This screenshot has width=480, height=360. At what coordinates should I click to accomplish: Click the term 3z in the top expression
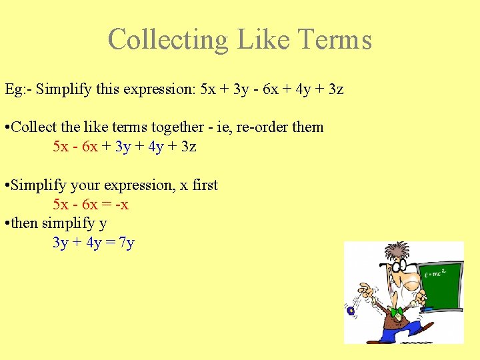(335, 89)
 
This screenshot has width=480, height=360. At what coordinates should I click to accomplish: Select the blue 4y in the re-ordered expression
(155, 146)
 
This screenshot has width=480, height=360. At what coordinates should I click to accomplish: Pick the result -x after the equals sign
(121, 204)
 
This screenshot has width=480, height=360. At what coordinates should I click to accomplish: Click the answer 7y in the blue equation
(127, 242)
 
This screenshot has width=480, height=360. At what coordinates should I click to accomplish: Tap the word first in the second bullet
(205, 185)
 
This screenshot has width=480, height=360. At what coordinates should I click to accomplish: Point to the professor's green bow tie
(397, 311)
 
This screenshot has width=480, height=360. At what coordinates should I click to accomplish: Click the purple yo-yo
(351, 311)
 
